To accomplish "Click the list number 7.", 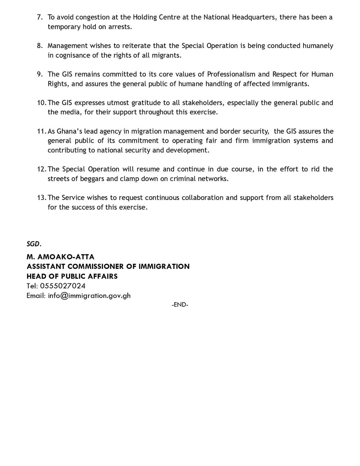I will (x=40, y=17).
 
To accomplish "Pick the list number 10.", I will (x=41, y=103).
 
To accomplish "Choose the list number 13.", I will (x=41, y=198).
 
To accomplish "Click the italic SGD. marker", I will (x=34, y=244).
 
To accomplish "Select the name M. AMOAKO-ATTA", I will (x=60, y=257).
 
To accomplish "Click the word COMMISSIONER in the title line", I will (x=96, y=266).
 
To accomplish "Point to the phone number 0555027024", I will (x=63, y=286).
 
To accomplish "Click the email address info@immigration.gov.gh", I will (x=89, y=296).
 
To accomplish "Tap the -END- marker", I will (x=180, y=305).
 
